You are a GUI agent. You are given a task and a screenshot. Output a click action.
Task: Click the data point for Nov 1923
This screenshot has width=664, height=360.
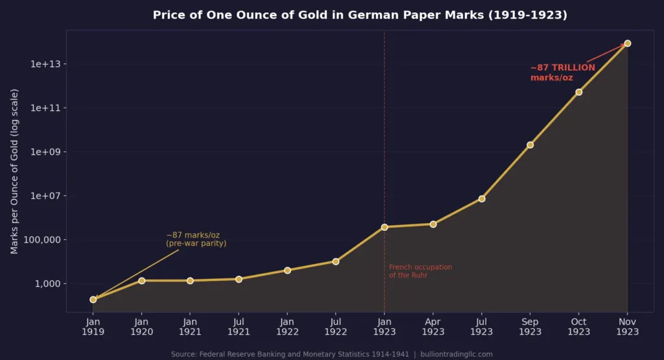point(627,43)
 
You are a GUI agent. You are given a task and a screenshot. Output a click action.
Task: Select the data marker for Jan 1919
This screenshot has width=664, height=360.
point(93,300)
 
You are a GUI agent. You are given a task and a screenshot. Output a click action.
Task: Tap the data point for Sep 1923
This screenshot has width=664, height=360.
point(530,145)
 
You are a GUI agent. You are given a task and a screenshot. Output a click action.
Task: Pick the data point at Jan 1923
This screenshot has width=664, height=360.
point(385,227)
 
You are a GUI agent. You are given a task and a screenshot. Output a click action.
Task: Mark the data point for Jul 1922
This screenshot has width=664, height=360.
point(336,261)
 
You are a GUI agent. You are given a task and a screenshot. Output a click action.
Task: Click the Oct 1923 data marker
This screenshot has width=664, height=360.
point(578,92)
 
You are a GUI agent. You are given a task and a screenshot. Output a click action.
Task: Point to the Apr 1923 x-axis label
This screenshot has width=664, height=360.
point(433,327)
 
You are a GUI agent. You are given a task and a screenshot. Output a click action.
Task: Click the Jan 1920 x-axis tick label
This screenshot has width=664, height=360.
point(141,327)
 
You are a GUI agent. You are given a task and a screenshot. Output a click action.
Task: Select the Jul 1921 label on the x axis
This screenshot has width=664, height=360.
point(239,327)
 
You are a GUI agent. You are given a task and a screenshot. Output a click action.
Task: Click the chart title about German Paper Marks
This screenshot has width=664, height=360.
point(360,15)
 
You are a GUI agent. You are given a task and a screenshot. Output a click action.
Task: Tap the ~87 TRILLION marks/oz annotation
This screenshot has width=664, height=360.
point(562,73)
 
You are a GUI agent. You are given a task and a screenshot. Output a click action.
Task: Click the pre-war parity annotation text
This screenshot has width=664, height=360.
point(196,239)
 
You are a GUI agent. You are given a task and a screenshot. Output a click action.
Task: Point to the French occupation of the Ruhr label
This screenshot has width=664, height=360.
point(420,271)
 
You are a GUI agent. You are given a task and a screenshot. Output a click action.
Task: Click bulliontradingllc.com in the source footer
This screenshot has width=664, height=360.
point(456,354)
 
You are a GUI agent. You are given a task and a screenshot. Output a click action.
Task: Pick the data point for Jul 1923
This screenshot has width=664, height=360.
point(482,198)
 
